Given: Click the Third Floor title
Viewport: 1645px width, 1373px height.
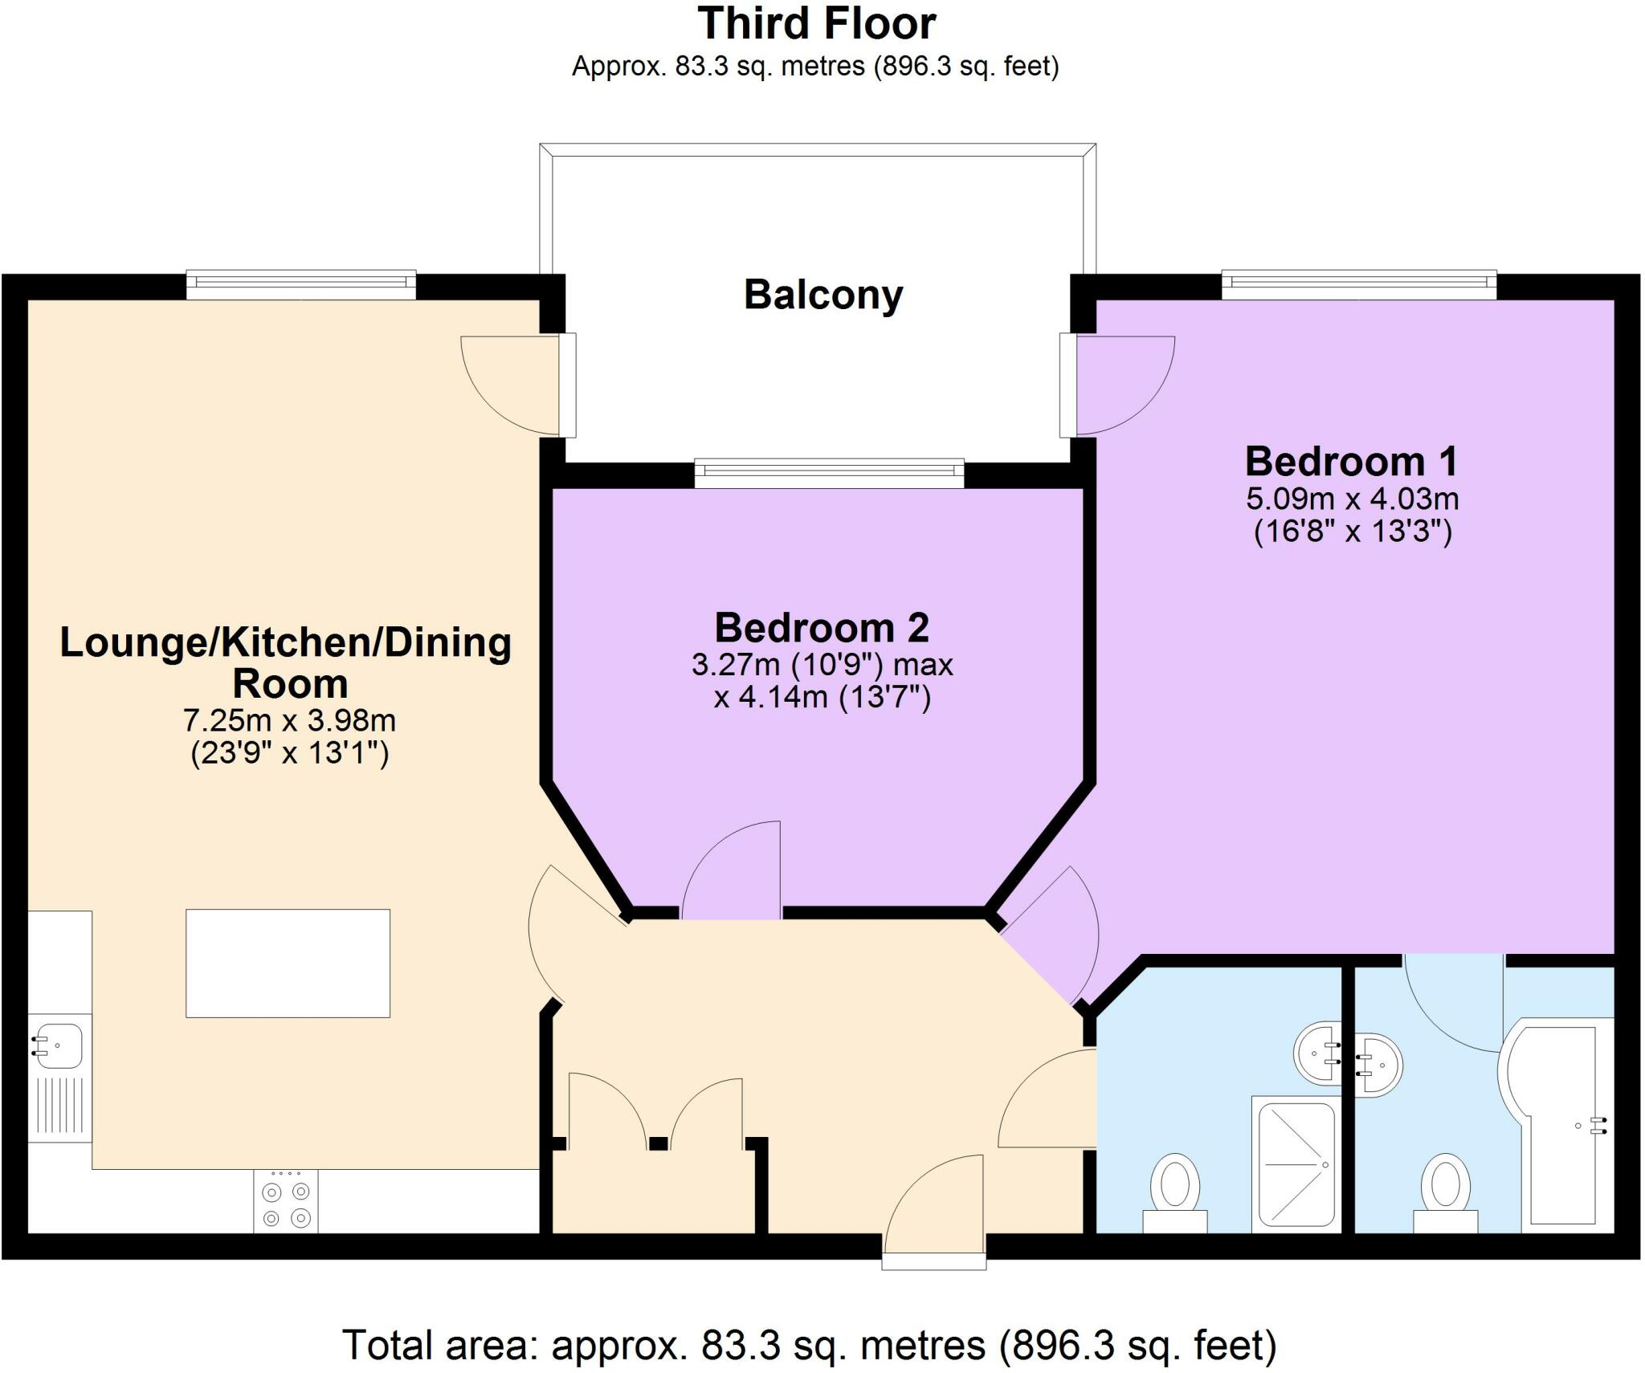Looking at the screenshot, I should point(816,24).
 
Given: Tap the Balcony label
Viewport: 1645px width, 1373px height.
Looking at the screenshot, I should point(823,295).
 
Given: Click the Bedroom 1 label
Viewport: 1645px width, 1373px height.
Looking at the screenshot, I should point(1351,462).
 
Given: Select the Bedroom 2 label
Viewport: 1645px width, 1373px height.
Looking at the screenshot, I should point(822,628).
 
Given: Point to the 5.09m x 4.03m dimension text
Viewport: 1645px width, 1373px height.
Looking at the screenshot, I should point(1352,499).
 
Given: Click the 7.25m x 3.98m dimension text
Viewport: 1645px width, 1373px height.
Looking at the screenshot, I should point(289,720).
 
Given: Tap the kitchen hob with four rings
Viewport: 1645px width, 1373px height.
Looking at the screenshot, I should point(286,1201).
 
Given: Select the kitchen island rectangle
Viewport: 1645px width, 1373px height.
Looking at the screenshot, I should point(288,963).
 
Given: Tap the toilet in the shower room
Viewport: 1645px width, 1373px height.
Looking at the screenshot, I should point(1175,1190).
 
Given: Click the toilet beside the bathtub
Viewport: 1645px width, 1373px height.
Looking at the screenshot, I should point(1445,1190).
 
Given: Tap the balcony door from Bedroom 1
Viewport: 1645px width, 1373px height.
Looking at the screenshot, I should point(1120,385).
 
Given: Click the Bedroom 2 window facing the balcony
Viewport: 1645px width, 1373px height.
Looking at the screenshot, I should point(829,473).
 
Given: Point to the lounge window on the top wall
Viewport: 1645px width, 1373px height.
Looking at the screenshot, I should point(301,285).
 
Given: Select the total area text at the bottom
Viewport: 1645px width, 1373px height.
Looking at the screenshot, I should point(809,1345).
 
